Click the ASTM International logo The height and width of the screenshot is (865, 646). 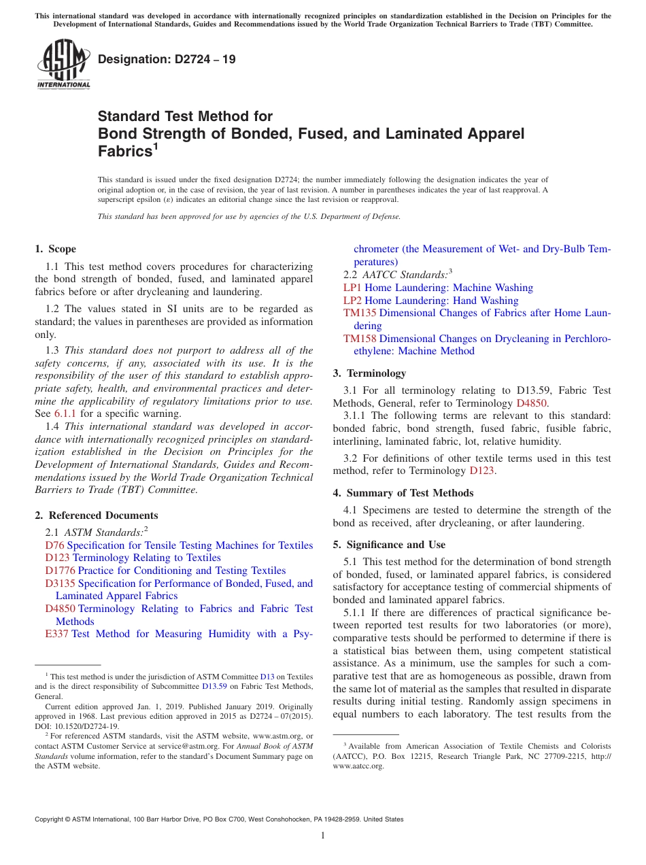(x=63, y=64)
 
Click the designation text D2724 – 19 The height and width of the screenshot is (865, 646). (x=167, y=59)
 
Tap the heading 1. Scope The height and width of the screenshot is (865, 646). (x=56, y=249)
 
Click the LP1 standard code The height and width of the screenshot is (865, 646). (x=352, y=288)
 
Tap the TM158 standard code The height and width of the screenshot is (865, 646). (x=360, y=338)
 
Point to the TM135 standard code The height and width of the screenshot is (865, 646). (x=360, y=313)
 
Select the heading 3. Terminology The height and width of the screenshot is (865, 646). (x=369, y=373)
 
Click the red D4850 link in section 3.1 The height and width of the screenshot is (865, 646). (x=532, y=403)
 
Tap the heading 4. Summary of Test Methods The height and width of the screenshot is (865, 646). (x=403, y=493)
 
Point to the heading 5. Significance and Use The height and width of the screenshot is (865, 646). (x=389, y=545)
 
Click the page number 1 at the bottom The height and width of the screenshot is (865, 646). (x=323, y=835)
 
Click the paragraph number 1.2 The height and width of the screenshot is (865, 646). (x=53, y=309)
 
